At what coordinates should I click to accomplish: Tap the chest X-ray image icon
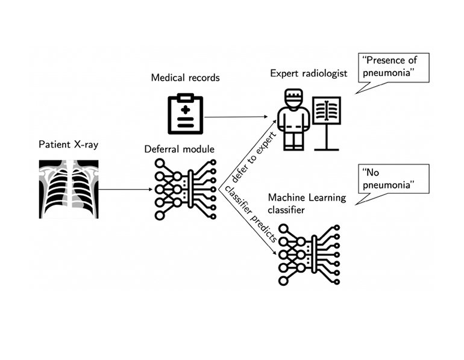[69, 188]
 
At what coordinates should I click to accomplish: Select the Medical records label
[185, 78]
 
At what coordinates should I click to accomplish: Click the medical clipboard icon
[185, 114]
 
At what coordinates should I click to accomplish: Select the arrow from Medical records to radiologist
[236, 117]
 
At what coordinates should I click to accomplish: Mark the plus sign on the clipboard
[185, 109]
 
